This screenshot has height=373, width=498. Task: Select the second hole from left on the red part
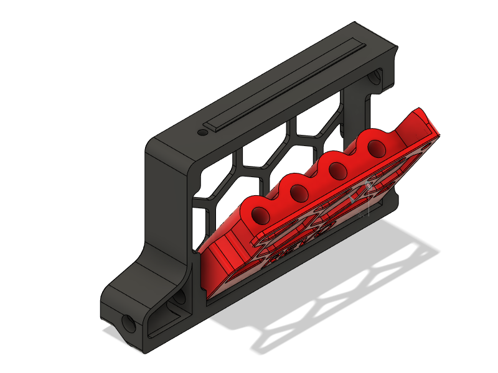click(x=299, y=193)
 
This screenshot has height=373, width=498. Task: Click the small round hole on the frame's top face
click(x=202, y=132)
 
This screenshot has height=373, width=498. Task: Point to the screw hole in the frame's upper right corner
click(x=376, y=78)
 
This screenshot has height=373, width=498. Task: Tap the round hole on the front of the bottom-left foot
click(x=129, y=323)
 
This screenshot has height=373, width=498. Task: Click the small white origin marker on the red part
click(x=369, y=185)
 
